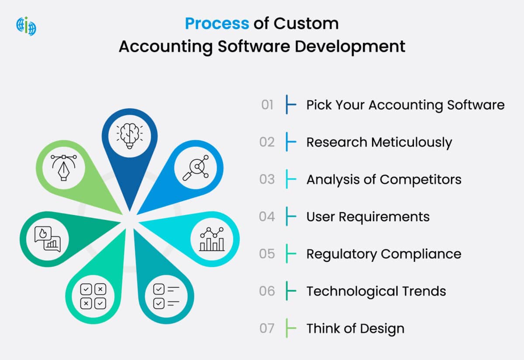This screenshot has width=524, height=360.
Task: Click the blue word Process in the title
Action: coord(217,24)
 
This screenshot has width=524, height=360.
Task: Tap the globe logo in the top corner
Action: coord(26,26)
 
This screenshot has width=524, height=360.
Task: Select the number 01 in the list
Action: coord(267,105)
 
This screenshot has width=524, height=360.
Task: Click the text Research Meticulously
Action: coord(379,142)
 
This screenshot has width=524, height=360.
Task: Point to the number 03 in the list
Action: coord(267,179)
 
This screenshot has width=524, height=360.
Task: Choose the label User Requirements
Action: coord(368,217)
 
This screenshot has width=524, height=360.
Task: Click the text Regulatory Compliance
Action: coord(383,254)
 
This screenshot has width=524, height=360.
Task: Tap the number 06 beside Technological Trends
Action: coord(267,291)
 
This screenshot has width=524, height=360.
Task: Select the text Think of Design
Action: coord(355,329)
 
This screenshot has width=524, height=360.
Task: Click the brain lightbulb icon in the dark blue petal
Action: coord(130,134)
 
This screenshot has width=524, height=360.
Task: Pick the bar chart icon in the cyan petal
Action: coord(212,239)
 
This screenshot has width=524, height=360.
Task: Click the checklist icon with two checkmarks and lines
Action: coord(166,296)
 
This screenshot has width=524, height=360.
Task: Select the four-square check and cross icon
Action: coord(93,296)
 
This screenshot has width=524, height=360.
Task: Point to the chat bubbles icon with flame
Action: coord(47,239)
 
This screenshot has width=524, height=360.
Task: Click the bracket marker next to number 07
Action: coord(290,328)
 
